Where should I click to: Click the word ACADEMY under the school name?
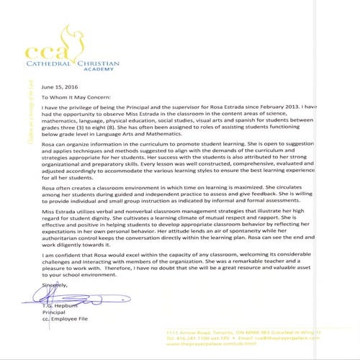click(97, 70)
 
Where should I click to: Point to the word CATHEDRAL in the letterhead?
click(51, 63)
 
